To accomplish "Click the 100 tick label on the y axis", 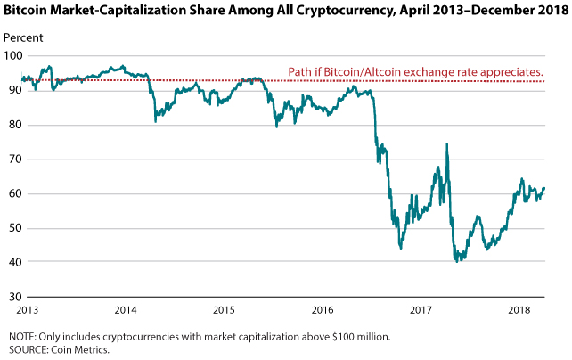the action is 13,56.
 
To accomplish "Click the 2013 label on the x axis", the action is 28,310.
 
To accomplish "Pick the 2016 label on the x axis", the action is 323,310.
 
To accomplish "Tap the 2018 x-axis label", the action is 519,310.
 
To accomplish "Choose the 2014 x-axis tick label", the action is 126,310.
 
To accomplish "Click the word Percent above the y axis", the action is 23,37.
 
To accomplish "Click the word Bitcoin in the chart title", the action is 25,10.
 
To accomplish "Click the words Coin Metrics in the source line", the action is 80,350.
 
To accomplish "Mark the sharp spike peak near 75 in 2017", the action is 446,144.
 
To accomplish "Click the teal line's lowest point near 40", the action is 457,261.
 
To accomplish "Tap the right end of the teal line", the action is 544,188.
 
